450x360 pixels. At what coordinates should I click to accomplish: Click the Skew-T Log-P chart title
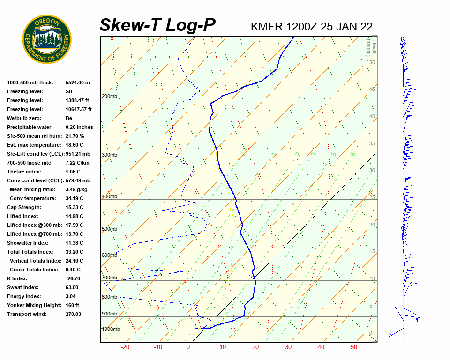pyautogui.click(x=157, y=25)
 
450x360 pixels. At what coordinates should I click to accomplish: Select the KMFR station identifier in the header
pyautogui.click(x=267, y=26)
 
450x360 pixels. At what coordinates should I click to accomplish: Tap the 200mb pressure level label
pyautogui.click(x=109, y=97)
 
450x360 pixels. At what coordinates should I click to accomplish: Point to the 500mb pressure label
pyautogui.click(x=109, y=229)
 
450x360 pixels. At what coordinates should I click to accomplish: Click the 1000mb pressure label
pyautogui.click(x=111, y=330)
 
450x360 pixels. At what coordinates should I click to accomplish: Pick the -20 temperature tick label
pyautogui.click(x=125, y=347)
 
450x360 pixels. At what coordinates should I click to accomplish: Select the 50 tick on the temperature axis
pyautogui.click(x=354, y=347)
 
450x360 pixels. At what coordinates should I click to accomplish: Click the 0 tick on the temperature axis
pyautogui.click(x=188, y=347)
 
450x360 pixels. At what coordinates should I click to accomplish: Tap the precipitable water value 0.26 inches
pyautogui.click(x=79, y=127)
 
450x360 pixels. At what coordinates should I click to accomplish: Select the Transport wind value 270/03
pyautogui.click(x=74, y=314)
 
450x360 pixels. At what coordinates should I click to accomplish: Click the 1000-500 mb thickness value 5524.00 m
pyautogui.click(x=78, y=82)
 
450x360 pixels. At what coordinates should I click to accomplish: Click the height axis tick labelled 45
pyautogui.click(x=372, y=90)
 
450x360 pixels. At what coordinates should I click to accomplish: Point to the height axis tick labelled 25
pyautogui.click(x=372, y=197)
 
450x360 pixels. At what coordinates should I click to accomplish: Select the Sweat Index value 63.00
pyautogui.click(x=72, y=287)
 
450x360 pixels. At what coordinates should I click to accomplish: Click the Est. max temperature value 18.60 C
pyautogui.click(x=75, y=145)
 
